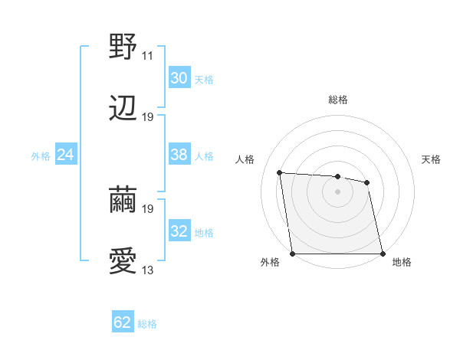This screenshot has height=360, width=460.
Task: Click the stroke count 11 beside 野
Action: tap(148, 56)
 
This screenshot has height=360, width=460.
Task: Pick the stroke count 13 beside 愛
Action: tap(148, 270)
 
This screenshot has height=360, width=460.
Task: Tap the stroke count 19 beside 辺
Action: tap(148, 117)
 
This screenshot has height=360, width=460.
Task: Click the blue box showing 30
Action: tap(179, 77)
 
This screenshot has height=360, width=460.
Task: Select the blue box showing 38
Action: tap(179, 155)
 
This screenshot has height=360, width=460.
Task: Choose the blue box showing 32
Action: tap(179, 231)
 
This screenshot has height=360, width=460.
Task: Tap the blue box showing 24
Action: tap(66, 155)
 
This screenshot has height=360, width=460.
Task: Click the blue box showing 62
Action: tap(123, 322)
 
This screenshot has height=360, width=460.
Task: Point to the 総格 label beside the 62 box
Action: tap(147, 324)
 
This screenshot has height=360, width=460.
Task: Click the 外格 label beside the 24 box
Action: tap(41, 156)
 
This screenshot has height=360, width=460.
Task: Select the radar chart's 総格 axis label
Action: tap(338, 100)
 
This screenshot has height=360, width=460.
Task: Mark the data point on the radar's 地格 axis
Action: tap(383, 254)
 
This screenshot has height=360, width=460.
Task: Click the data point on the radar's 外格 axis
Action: tap(293, 254)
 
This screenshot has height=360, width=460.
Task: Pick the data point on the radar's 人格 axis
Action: tap(280, 173)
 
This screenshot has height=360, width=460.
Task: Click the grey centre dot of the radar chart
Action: tap(338, 191)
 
